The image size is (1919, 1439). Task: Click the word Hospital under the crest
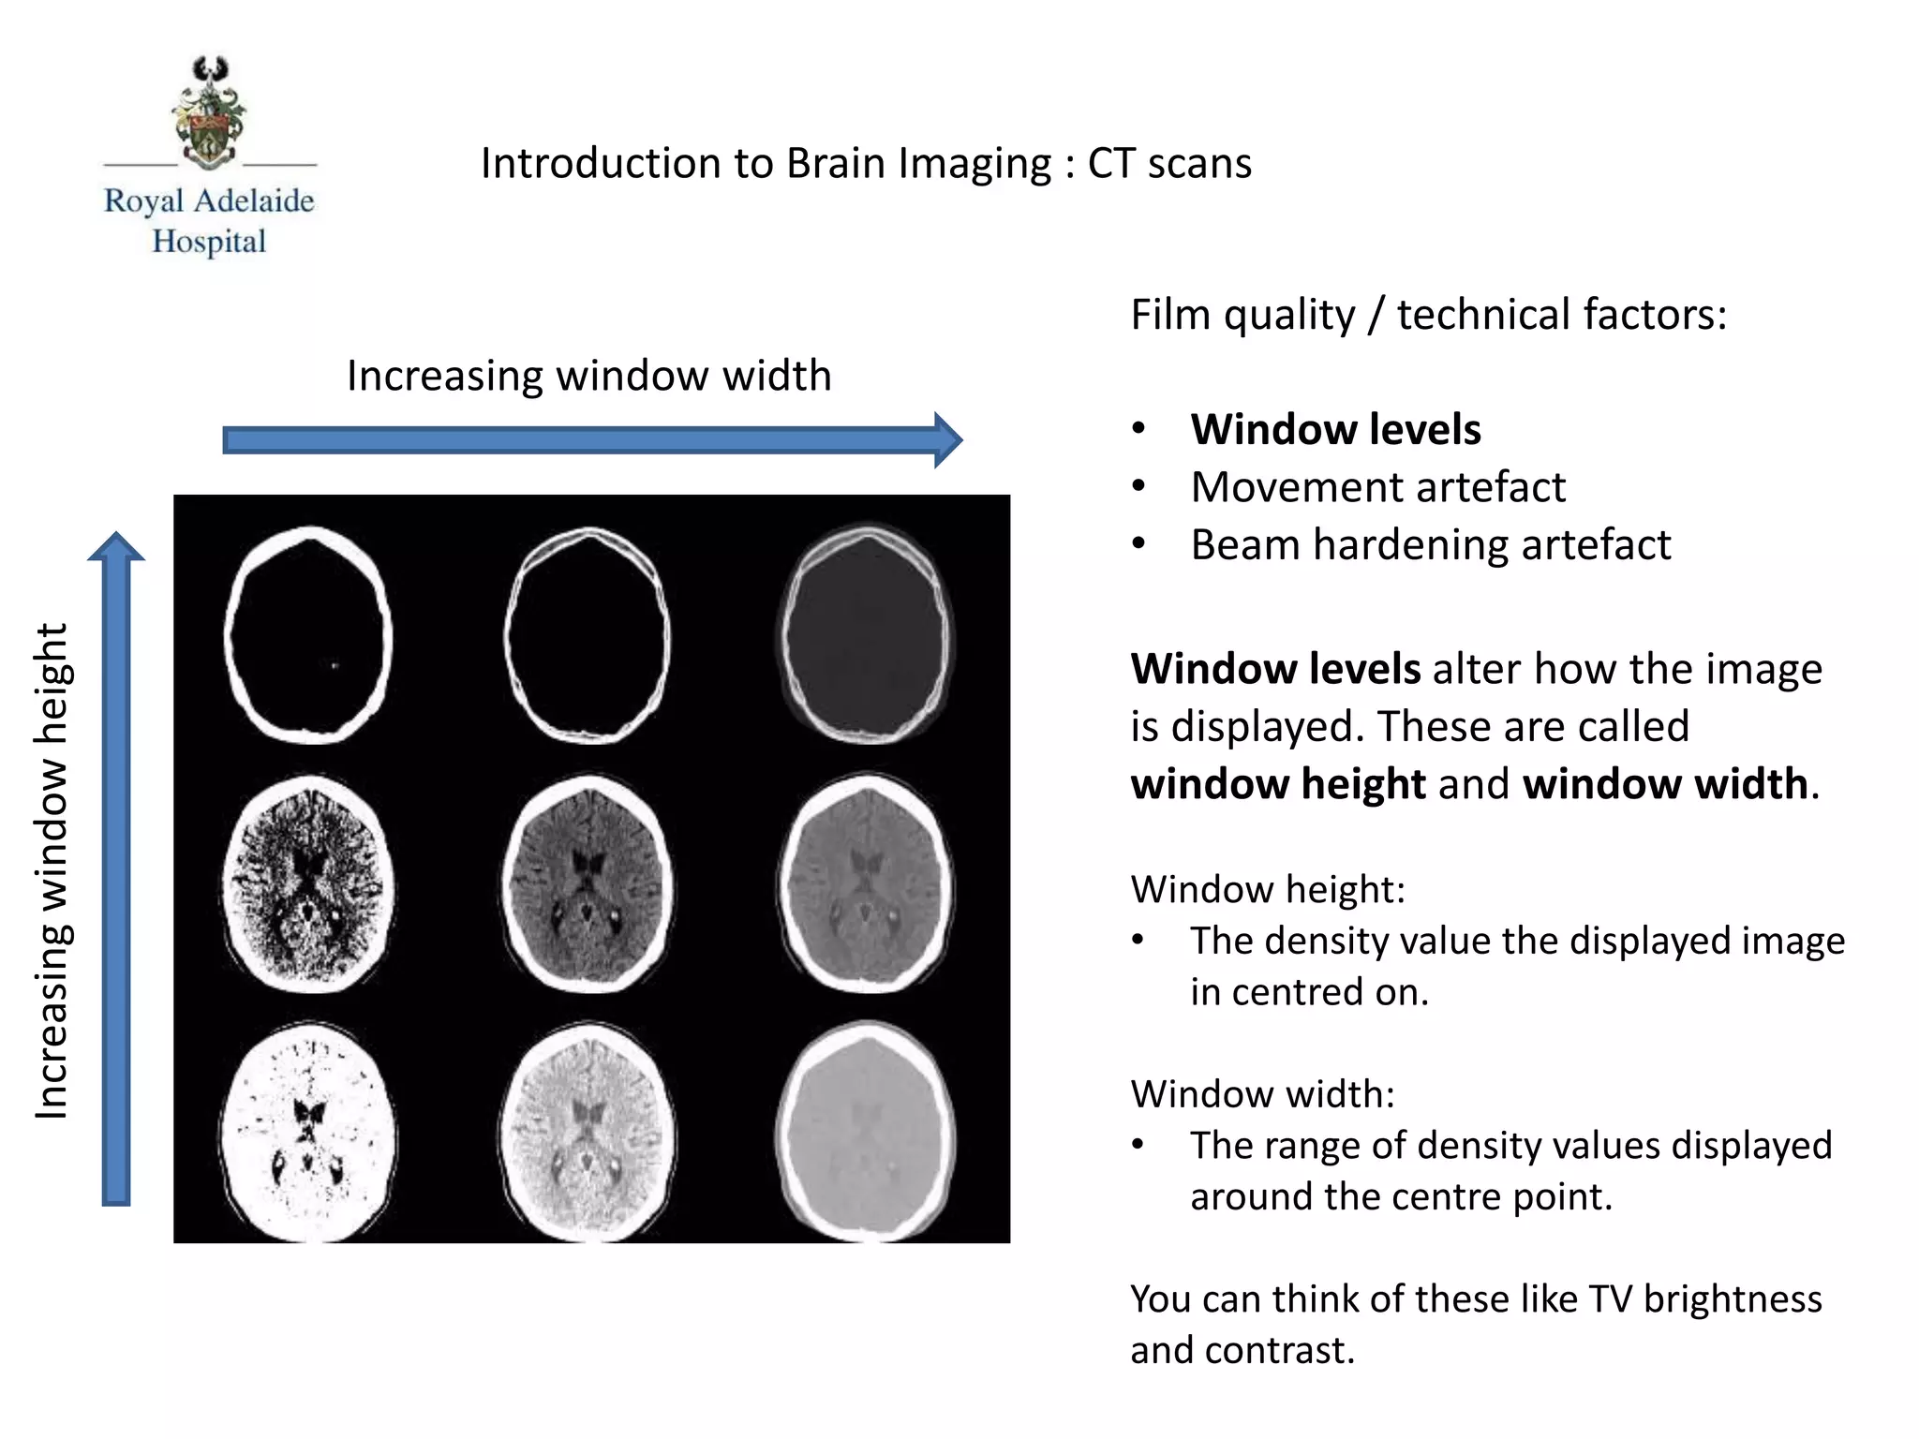(x=209, y=242)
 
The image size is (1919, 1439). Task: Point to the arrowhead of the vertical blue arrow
(x=116, y=546)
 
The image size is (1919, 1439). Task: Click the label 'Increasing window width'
(x=588, y=376)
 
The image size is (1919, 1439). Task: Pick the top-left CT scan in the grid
(x=308, y=635)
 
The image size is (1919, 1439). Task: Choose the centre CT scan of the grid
(x=588, y=883)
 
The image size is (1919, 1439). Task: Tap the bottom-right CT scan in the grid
(x=866, y=1131)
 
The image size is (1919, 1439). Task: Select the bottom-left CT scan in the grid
(x=309, y=1132)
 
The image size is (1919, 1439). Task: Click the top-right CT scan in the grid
(x=866, y=635)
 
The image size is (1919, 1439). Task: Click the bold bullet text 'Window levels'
(x=1335, y=429)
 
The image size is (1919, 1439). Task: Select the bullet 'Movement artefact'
(x=1377, y=487)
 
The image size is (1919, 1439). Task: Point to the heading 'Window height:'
(x=1268, y=889)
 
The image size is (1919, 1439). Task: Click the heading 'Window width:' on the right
(x=1262, y=1094)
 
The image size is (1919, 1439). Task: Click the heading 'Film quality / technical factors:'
(x=1428, y=315)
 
